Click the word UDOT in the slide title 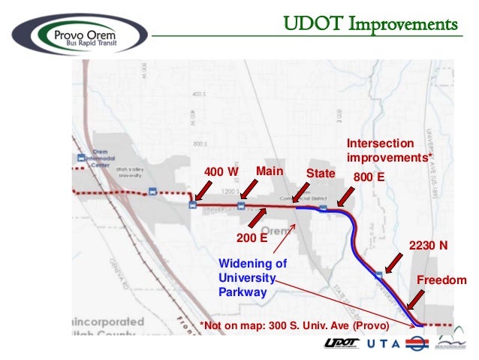click(x=308, y=24)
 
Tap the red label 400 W click(x=221, y=172)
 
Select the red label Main click(x=270, y=171)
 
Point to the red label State click(x=320, y=174)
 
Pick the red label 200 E click(x=252, y=238)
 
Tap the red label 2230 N click(x=428, y=245)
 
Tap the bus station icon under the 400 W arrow click(x=193, y=204)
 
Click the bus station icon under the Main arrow click(x=241, y=204)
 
